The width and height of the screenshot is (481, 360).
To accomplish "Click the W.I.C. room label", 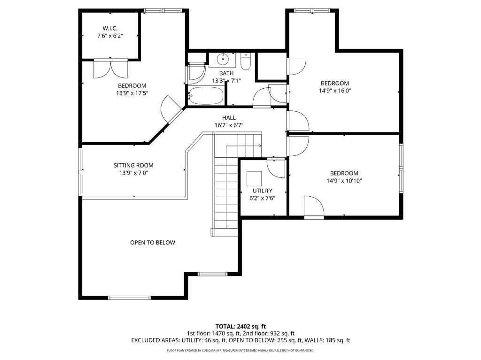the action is coord(110,28).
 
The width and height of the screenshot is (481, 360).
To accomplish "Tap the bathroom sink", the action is coord(222,59).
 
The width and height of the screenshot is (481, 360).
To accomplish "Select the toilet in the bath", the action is coord(246,61).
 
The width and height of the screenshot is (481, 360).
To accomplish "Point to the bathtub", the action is coord(206,95).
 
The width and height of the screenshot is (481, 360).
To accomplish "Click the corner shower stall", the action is coord(196,74).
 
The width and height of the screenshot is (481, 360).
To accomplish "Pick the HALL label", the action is coord(229,118).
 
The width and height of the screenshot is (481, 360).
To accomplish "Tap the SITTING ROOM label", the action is coord(133,165).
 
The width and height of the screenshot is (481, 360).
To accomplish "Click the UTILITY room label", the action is coord(262,191).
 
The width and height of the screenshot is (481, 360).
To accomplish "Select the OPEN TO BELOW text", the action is coord(153,243).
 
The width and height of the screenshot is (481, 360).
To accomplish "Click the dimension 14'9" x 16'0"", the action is coord(335,91).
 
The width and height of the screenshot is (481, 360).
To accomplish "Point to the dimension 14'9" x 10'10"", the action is coord(344,181).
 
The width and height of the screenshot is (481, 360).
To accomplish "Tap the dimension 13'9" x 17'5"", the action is coord(132,93).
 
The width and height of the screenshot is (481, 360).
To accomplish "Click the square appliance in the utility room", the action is coord(254,179).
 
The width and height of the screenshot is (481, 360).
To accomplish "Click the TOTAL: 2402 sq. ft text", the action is coord(240,326).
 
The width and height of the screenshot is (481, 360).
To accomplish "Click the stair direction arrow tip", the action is coord(261,146).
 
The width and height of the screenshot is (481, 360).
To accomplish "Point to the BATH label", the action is coord(226,73).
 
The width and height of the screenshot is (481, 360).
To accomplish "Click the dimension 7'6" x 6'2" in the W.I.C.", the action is coord(110,36).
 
